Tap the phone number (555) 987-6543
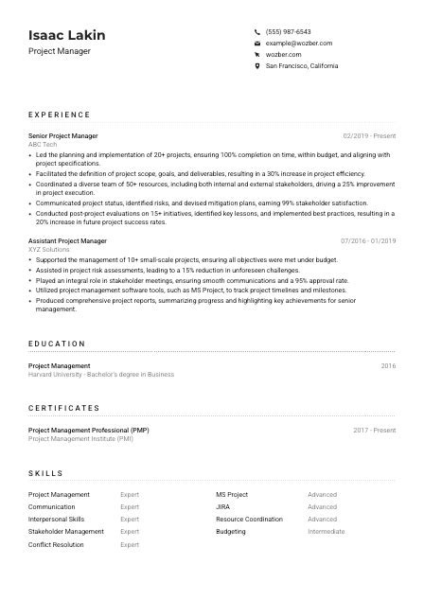point(288,31)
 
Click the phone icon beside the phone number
point(257,31)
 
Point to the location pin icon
point(257,66)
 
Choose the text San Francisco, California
point(301,66)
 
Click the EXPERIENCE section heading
point(59,114)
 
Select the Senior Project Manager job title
point(62,136)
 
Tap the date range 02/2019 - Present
point(369,136)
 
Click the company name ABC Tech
point(43,145)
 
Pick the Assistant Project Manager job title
point(67,241)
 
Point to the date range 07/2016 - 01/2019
point(368,241)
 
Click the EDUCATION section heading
point(57,344)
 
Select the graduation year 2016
point(388,365)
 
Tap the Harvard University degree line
point(101,375)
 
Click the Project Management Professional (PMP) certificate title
point(88,430)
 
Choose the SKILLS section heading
point(45,473)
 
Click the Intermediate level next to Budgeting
point(327,532)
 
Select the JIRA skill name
point(223,506)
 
